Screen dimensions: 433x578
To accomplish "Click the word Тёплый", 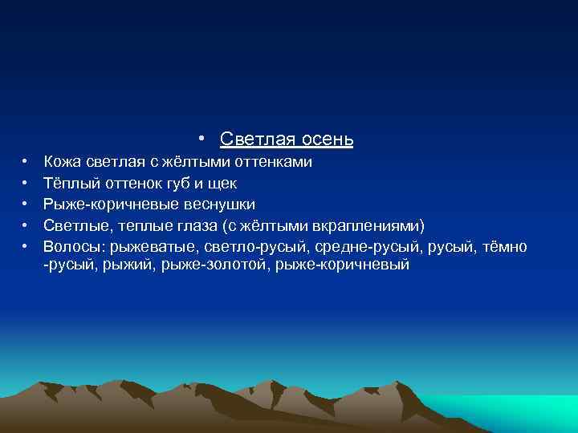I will point(68,184).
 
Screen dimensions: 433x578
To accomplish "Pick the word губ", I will point(173,184).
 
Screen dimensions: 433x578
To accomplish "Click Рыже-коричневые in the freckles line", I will point(109,204).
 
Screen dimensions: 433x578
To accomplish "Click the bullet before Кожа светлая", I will point(26,163).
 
